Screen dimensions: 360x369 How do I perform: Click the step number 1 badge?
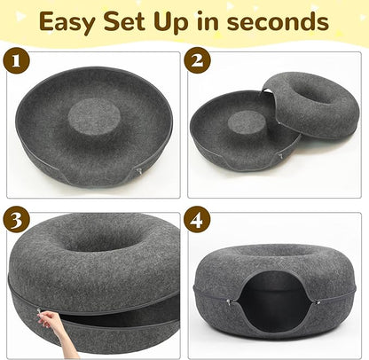[x=16, y=64]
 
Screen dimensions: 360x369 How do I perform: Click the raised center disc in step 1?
[x=93, y=116]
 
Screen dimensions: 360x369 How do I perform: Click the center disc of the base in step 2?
[x=236, y=129]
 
